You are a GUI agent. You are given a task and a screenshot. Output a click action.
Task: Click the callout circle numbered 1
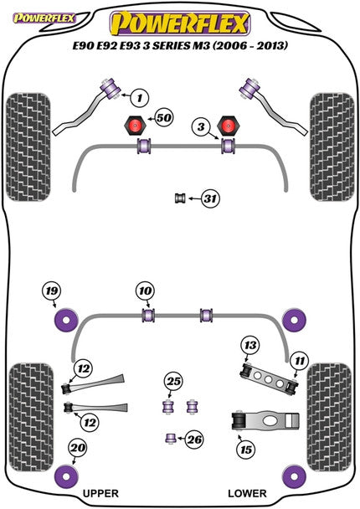point(140,99)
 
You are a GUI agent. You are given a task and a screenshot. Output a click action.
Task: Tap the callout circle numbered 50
point(163,119)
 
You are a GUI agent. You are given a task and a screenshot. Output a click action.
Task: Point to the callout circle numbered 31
point(210,198)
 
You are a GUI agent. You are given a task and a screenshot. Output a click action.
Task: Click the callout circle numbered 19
point(52,291)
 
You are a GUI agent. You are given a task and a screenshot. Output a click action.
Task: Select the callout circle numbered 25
point(174,383)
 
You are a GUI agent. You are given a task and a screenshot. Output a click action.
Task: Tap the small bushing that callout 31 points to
point(179,198)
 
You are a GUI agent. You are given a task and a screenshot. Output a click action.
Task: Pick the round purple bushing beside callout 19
point(65,319)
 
